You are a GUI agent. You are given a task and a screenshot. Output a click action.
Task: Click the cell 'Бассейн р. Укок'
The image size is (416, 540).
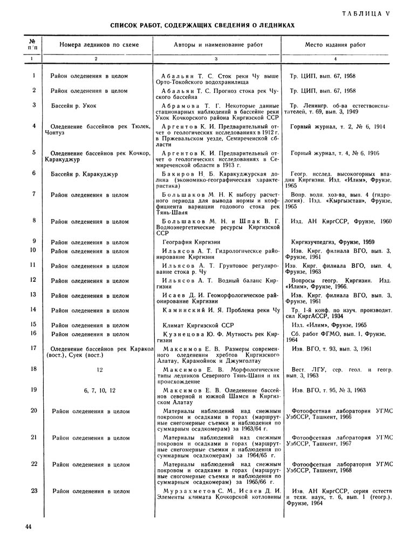point(74,105)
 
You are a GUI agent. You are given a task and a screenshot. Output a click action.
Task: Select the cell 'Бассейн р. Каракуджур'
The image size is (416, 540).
point(86,173)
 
